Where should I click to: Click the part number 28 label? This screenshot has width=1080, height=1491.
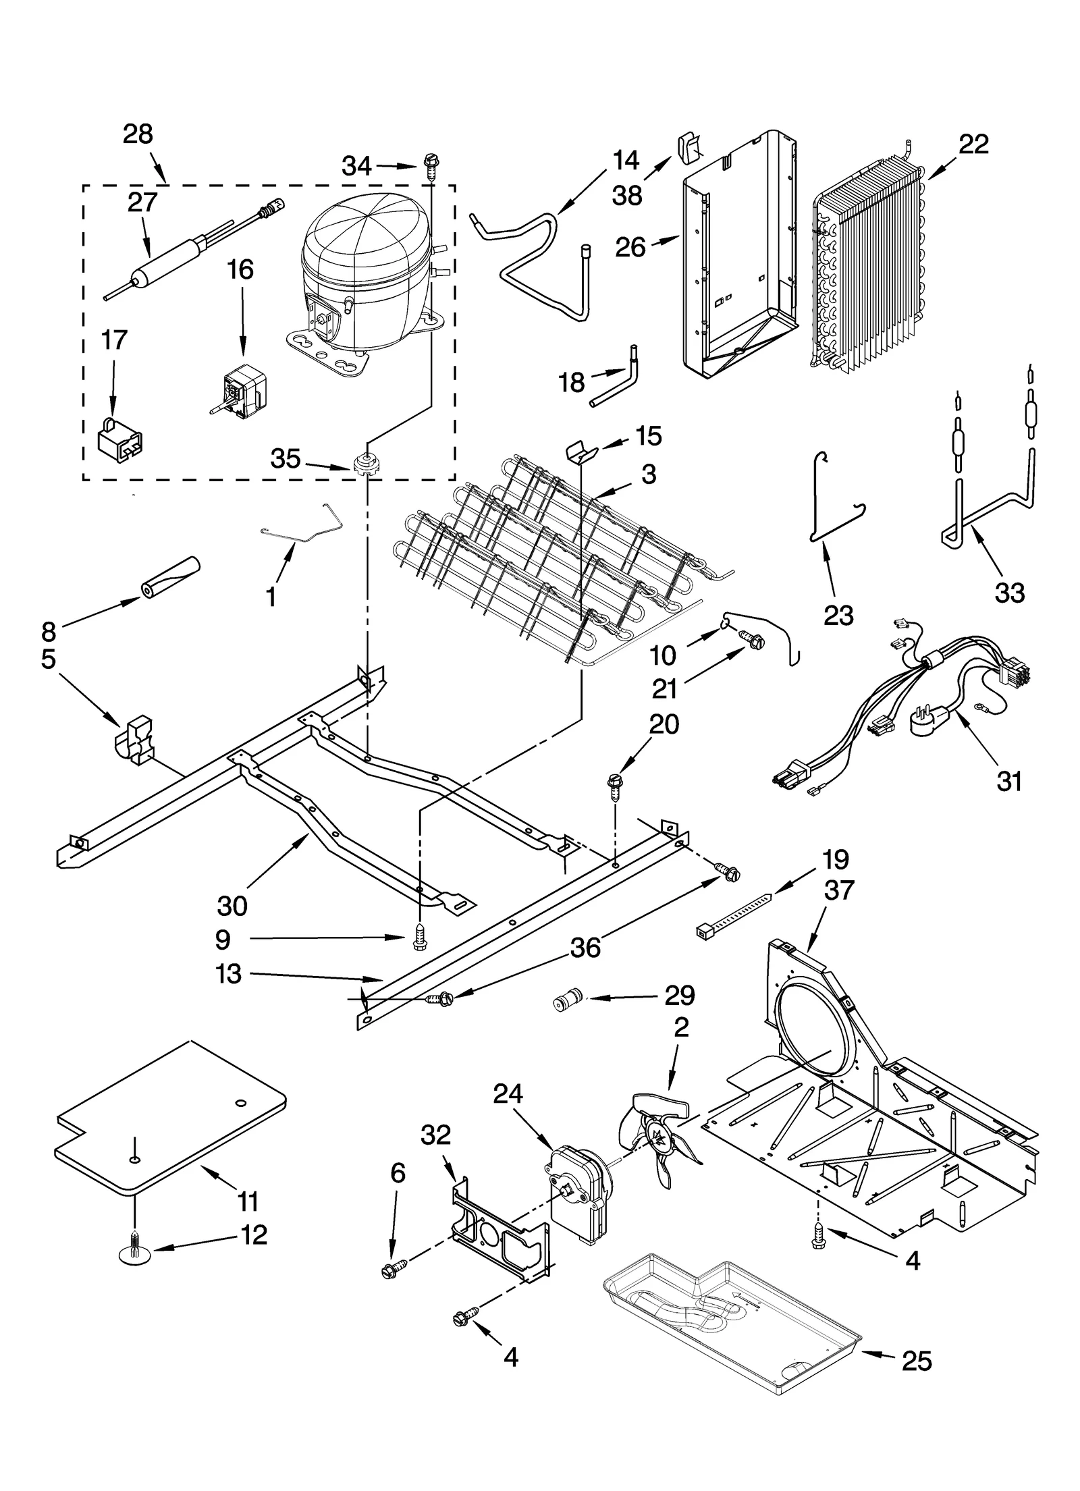coord(138,134)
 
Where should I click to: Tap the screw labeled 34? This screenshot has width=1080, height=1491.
coord(430,164)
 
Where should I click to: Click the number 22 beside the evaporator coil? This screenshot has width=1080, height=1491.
coord(973,144)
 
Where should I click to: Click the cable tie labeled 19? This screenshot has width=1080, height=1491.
coord(732,915)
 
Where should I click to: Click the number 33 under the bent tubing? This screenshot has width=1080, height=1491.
coord(1009,593)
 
